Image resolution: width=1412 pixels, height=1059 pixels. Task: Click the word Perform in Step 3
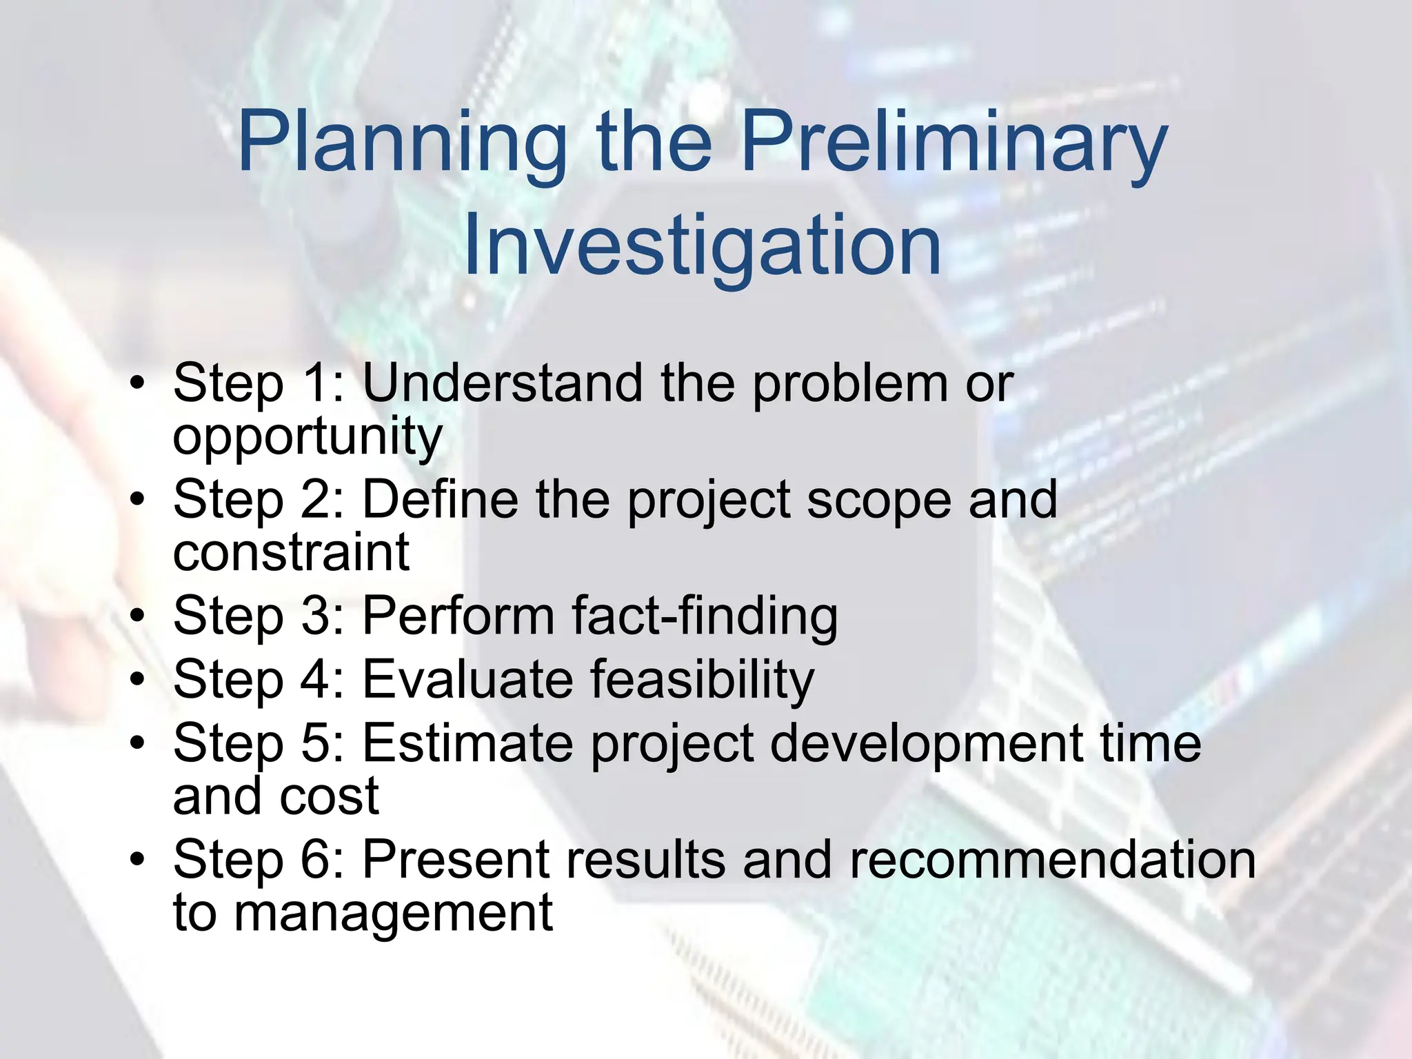(458, 615)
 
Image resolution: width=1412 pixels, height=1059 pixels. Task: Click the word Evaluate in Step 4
(467, 679)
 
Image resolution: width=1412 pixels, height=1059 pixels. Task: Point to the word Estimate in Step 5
(467, 743)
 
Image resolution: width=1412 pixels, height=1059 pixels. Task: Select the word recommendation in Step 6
(1052, 860)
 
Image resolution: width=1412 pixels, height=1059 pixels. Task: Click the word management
(393, 914)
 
